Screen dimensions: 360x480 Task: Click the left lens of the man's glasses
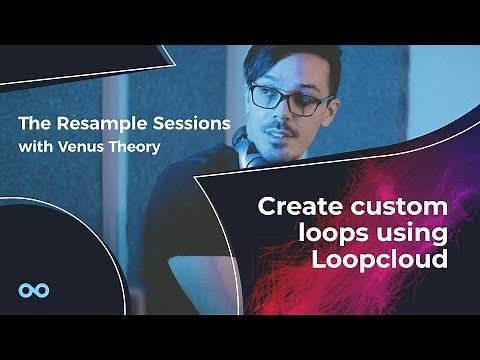tap(268, 97)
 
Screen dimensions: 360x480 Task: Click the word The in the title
tap(33, 123)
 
